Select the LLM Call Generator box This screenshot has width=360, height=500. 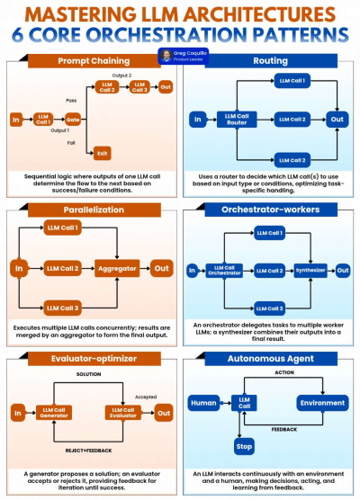tap(58, 413)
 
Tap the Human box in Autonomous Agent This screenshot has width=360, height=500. tap(203, 402)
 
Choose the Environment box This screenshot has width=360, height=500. tap(322, 402)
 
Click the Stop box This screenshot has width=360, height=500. tap(244, 445)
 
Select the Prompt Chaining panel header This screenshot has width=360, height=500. tap(92, 61)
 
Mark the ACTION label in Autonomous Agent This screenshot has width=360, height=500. tap(284, 371)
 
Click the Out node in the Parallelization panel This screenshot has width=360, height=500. tap(162, 268)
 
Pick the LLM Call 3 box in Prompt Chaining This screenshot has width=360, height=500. tap(138, 87)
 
